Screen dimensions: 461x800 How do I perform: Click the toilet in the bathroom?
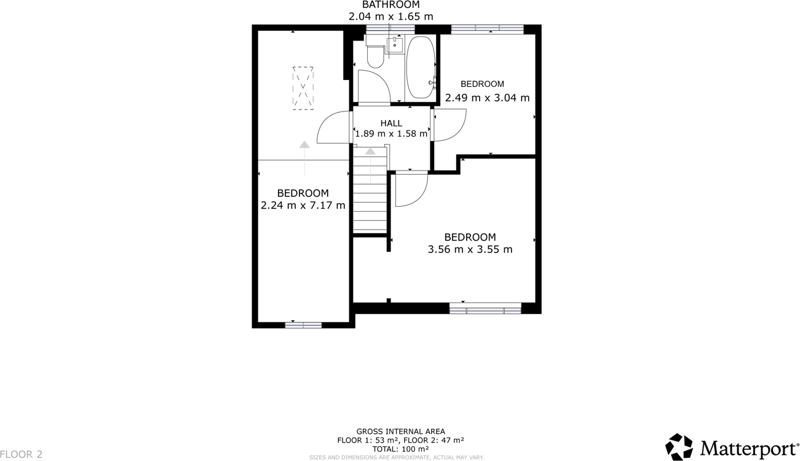pos(375,57)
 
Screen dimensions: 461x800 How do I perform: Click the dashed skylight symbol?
pos(303,88)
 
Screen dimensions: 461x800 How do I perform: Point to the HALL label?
pos(391,123)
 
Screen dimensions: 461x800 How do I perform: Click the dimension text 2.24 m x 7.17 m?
pos(303,206)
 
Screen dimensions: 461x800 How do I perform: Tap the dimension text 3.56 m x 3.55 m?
pos(470,249)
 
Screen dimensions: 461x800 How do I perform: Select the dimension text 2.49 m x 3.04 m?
pos(487,97)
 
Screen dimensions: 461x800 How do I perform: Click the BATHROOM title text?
pos(390,5)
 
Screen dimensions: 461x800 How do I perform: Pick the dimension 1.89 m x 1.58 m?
pos(391,134)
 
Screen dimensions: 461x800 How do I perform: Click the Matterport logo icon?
pos(679,447)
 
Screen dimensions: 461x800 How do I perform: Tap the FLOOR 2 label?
pos(22,454)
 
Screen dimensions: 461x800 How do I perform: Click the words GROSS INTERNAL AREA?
pos(400,431)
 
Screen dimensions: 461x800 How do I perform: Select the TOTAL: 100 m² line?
pos(400,449)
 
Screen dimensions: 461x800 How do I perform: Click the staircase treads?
pos(370,203)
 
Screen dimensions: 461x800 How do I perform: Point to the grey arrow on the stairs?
pos(370,151)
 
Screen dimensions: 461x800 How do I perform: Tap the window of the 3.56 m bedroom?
pos(485,308)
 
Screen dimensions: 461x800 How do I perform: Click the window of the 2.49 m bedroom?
pos(487,28)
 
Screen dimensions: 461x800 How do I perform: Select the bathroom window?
pos(390,29)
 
